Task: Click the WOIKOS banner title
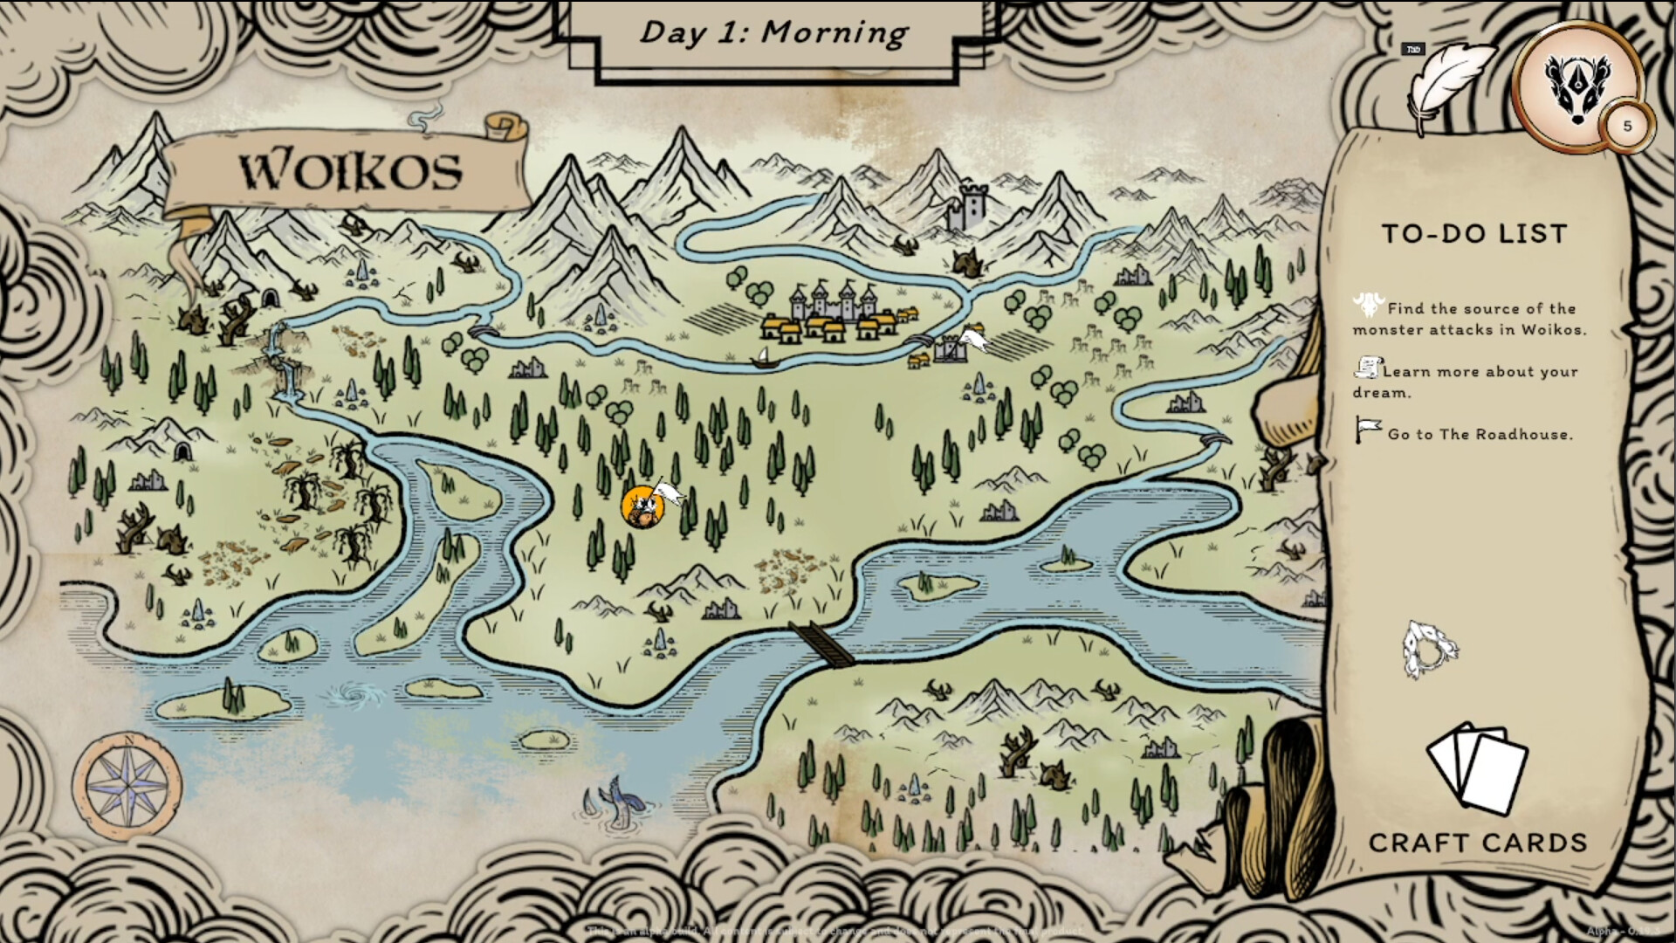(x=351, y=170)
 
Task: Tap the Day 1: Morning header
(x=773, y=33)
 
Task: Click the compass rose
(x=127, y=785)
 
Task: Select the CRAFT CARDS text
(x=1477, y=843)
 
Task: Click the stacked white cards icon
(x=1478, y=766)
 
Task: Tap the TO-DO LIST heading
(x=1475, y=233)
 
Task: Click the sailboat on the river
(x=763, y=357)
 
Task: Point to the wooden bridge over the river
(x=821, y=644)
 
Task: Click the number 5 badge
(x=1626, y=127)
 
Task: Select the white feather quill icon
(x=1448, y=85)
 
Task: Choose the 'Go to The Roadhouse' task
(x=1480, y=434)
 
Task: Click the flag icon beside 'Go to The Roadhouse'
(x=1367, y=429)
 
